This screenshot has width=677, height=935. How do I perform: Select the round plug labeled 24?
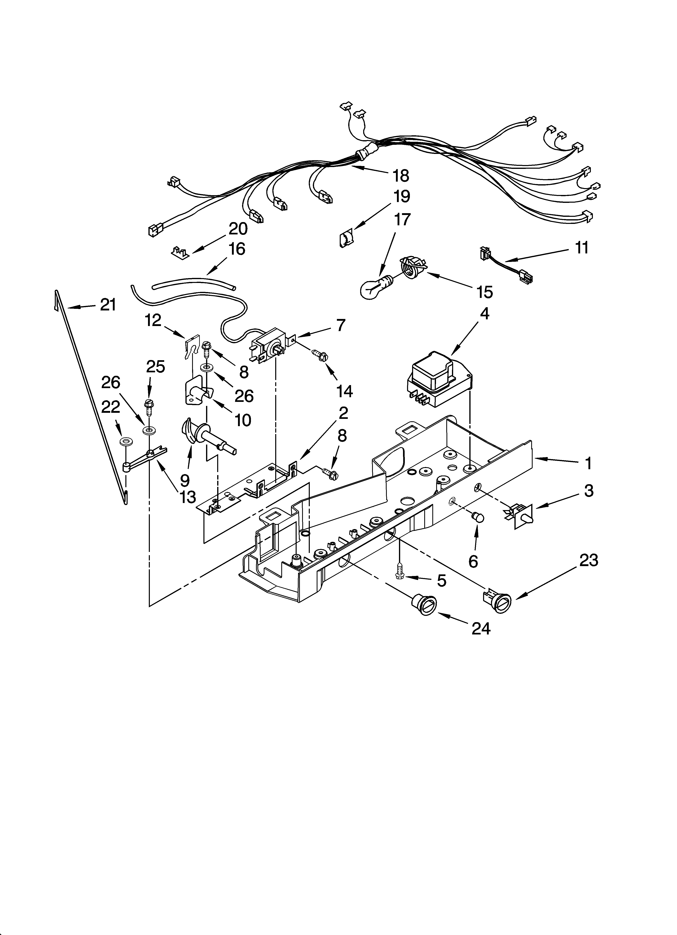tap(421, 606)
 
